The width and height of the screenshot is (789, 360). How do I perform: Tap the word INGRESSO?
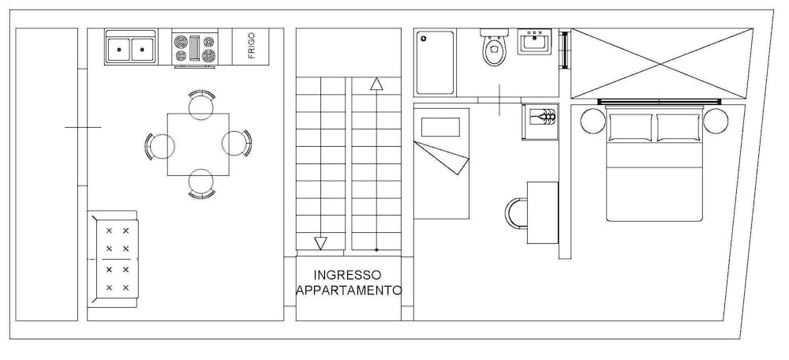tap(347, 275)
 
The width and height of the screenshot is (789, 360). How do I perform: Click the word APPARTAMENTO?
tap(348, 291)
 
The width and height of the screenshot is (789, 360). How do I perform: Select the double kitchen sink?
tap(131, 48)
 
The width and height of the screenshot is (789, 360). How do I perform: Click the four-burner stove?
tap(195, 48)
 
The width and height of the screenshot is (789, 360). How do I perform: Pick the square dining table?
tap(198, 144)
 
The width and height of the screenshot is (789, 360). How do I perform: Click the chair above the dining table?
tap(201, 103)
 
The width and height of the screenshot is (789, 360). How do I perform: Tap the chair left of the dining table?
tap(159, 145)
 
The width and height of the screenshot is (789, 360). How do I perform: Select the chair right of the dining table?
tap(237, 144)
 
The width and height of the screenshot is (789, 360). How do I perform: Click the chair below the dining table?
tap(201, 183)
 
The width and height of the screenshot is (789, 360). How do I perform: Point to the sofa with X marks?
tap(115, 259)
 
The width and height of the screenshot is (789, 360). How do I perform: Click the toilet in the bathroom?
tap(495, 51)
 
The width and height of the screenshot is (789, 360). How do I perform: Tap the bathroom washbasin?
tap(537, 42)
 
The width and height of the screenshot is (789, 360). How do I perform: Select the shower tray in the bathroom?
tap(435, 62)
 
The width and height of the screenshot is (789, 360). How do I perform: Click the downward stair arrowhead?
tap(320, 242)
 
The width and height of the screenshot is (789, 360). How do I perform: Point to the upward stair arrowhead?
tap(376, 84)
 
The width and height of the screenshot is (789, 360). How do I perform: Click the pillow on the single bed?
tap(440, 127)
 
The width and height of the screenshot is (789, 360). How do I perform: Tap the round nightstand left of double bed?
tap(592, 121)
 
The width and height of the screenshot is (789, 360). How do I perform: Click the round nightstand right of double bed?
tap(716, 121)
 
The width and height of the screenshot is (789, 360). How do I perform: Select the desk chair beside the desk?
tap(517, 212)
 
